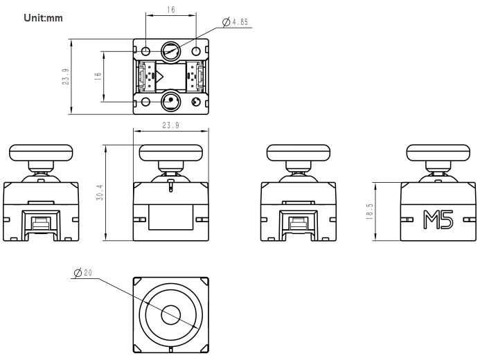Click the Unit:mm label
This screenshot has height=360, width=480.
pos(43,17)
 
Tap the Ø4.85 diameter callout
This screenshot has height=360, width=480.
pos(235,23)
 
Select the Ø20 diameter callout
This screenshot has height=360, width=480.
pos(83,273)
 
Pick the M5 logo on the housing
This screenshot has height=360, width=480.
pos(438,221)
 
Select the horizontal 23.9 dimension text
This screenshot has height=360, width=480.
pos(170,126)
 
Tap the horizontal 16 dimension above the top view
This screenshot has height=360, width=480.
pos(170,10)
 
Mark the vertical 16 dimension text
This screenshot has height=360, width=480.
pos(98,77)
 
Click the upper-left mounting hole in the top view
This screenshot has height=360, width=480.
pos(145,52)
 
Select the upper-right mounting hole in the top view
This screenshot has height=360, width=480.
pos(196,52)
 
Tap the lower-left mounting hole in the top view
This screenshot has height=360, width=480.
pos(145,102)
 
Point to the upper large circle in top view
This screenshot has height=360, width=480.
pos(170,51)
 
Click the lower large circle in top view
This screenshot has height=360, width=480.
pos(170,102)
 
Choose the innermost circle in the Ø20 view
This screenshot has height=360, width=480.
pos(170,315)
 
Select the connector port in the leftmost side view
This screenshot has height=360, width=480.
pos(40,223)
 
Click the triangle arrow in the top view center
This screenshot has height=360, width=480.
pos(160,77)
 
